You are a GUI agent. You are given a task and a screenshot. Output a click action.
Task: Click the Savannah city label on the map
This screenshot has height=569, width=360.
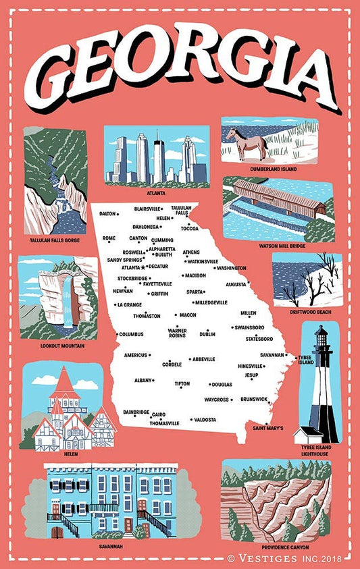point(271,355)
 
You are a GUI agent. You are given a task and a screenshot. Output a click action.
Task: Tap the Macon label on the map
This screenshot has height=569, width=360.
point(187,315)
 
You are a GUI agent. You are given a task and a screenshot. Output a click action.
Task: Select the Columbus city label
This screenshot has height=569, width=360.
point(131,334)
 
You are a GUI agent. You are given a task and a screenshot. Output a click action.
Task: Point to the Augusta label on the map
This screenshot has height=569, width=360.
point(236,284)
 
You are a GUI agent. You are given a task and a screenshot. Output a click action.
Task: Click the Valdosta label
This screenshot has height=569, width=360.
point(205,420)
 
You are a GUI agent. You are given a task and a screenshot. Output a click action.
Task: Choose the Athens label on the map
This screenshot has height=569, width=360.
point(191,252)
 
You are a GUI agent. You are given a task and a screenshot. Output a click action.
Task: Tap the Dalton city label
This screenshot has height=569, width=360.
point(108,213)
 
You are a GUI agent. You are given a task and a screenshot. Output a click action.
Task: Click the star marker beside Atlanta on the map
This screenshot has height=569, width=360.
point(143,267)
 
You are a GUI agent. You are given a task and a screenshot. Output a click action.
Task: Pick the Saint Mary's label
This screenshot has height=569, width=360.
point(268,428)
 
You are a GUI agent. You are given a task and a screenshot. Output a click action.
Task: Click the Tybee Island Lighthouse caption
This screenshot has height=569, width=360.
point(315,451)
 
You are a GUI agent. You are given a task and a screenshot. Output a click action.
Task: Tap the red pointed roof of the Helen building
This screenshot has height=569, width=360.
point(64,383)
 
